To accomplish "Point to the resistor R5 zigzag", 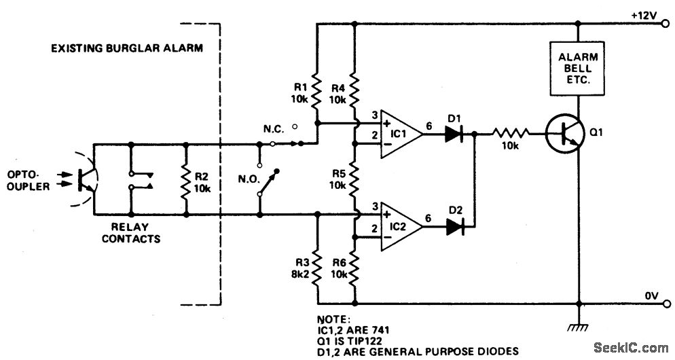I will click(x=354, y=178).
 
